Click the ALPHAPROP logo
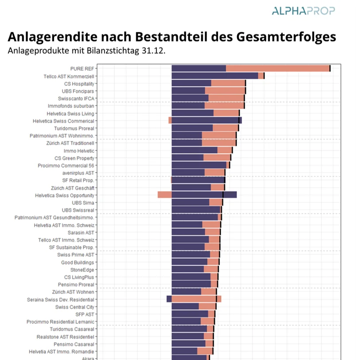[x=303, y=11]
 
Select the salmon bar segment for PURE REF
[x=278, y=68]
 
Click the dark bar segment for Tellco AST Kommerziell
[x=215, y=76]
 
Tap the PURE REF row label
[x=82, y=69]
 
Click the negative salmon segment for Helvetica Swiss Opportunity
[x=164, y=195]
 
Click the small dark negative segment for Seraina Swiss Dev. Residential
[x=169, y=299]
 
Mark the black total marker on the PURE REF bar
[x=330, y=68]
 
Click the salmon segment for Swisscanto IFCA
[x=226, y=98]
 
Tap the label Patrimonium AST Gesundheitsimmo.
[x=54, y=217]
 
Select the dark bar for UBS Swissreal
[x=196, y=210]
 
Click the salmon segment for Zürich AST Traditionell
[x=219, y=143]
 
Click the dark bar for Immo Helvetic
[x=194, y=151]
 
